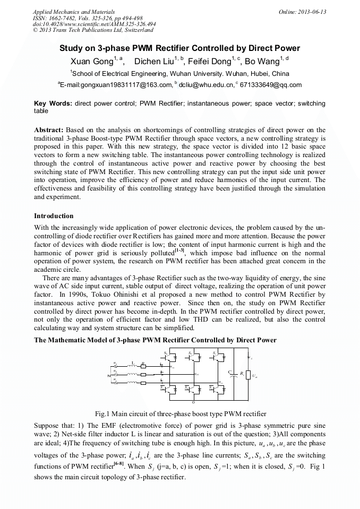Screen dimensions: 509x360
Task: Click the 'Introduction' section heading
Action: click(x=54, y=216)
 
